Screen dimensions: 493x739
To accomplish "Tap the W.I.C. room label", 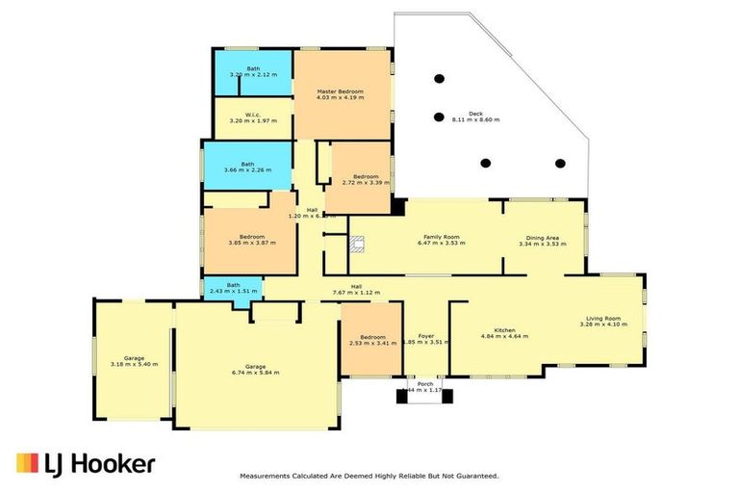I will pyautogui.click(x=252, y=115).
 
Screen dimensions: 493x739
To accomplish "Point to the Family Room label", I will pyautogui.click(x=441, y=236).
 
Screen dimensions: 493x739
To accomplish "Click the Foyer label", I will pyautogui.click(x=425, y=337).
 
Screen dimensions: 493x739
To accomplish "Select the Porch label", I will pyautogui.click(x=424, y=382).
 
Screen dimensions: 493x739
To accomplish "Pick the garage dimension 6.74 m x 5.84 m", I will pyautogui.click(x=255, y=373).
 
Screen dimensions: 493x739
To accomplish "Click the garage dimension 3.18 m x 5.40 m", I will pyautogui.click(x=134, y=364).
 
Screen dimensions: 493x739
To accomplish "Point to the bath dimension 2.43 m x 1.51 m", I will pyautogui.click(x=234, y=292).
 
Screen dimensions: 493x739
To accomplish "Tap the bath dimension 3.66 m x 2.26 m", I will pyautogui.click(x=247, y=169).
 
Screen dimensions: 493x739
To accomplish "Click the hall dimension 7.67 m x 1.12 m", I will pyautogui.click(x=356, y=293).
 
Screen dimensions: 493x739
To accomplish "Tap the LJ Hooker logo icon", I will pyautogui.click(x=26, y=463).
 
